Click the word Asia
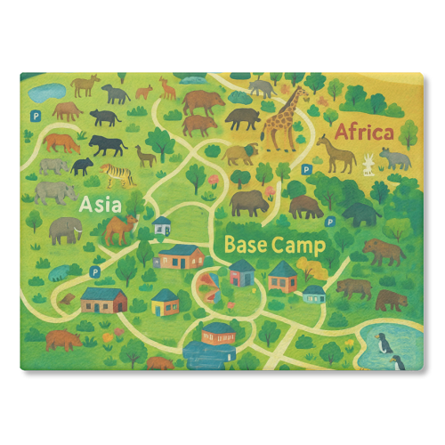tap(99, 204)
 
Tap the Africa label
tap(363, 133)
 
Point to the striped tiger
tap(118, 172)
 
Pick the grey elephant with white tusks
tap(65, 231)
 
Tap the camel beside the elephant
tap(120, 231)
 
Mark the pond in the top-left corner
tap(46, 91)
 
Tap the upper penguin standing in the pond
tap(380, 341)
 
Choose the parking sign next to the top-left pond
tap(36, 115)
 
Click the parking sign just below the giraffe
tap(306, 167)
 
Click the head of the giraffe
tap(302, 92)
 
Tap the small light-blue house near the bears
tap(313, 292)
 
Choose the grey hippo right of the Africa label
tap(396, 158)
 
